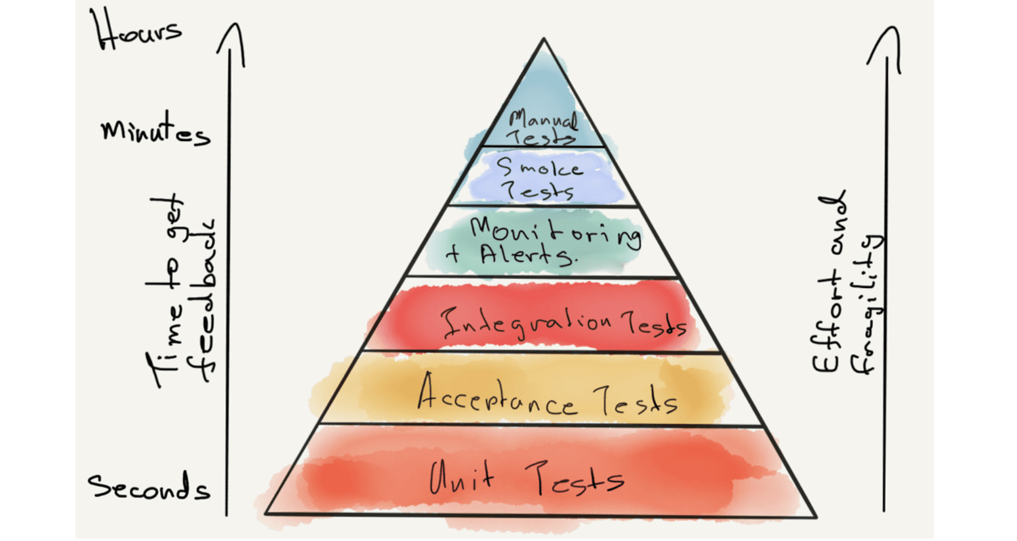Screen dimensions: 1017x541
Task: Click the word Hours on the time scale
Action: coord(139,31)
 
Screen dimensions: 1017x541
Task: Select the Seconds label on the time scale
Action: coord(149,487)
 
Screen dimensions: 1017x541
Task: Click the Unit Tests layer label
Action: coord(526,479)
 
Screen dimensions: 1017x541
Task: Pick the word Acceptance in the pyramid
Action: coord(497,396)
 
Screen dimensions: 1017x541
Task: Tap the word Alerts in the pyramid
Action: coord(526,255)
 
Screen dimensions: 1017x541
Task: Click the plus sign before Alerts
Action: coord(454,254)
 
